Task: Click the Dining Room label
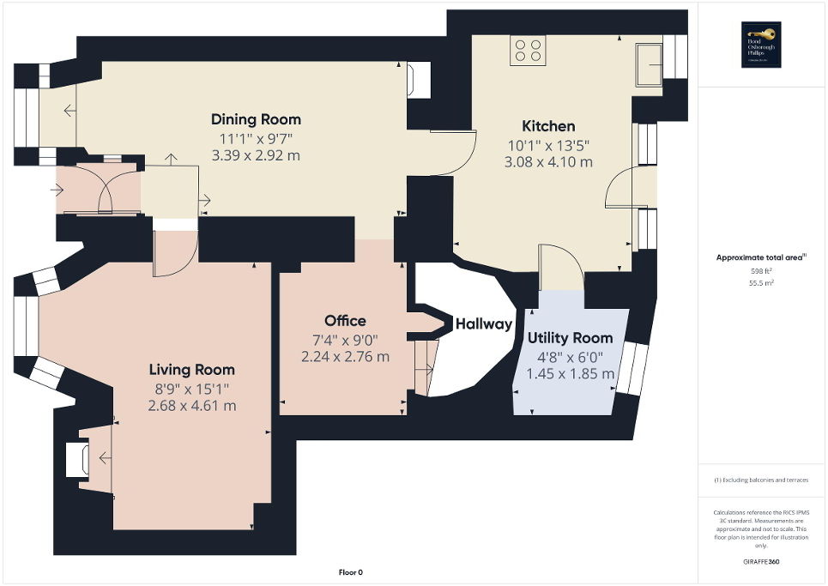[x=256, y=119]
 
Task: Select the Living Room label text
[x=191, y=370]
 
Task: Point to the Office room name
[x=345, y=321]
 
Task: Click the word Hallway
[x=483, y=324]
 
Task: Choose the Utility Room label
[x=570, y=338]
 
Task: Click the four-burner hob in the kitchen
[x=528, y=51]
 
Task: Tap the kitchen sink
[x=648, y=63]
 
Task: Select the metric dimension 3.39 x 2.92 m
[x=256, y=156]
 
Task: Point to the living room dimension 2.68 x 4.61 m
[x=192, y=406]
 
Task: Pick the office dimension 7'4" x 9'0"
[x=345, y=339]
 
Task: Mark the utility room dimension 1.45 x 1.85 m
[x=571, y=374]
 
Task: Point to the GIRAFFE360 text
[x=762, y=562]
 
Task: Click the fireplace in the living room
[x=76, y=458]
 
